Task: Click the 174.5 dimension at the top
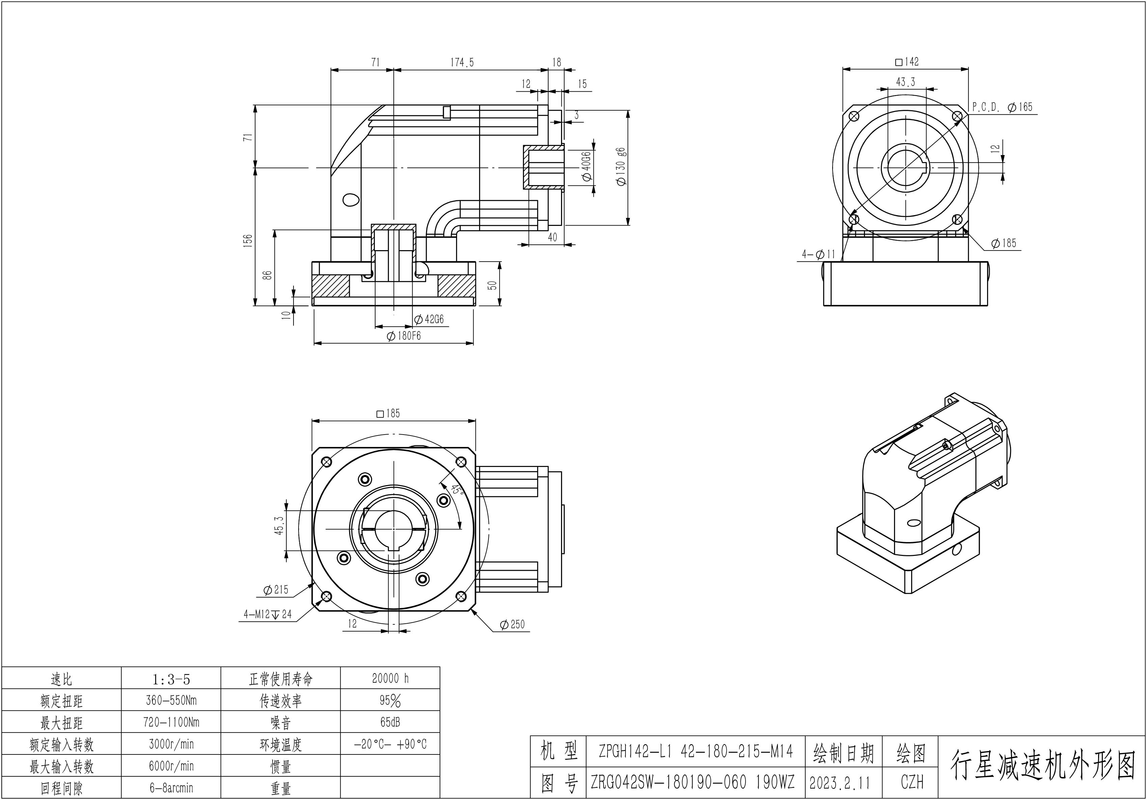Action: point(462,62)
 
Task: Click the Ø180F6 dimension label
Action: point(404,336)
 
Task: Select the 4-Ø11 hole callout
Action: point(819,255)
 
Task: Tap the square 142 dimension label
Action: point(907,62)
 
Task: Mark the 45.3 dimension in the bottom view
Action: point(279,525)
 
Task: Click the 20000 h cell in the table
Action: point(390,678)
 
